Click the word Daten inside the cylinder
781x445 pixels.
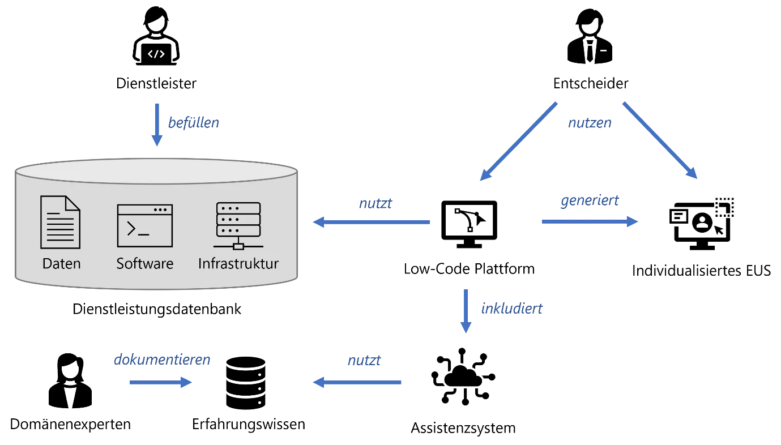click(x=61, y=264)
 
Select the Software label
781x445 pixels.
click(x=145, y=264)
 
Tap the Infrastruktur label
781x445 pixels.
click(x=238, y=264)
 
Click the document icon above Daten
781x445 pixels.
click(x=60, y=222)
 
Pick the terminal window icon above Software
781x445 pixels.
click(x=145, y=225)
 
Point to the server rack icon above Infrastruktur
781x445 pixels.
click(x=238, y=225)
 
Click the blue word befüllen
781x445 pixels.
click(x=194, y=123)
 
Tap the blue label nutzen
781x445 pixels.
click(x=590, y=123)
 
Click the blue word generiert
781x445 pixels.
click(x=589, y=201)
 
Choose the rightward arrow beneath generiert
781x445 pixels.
click(x=589, y=222)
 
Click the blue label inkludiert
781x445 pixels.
click(x=512, y=309)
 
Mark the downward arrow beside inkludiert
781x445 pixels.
click(x=466, y=310)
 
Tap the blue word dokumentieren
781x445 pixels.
click(x=162, y=360)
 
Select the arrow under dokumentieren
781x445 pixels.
click(x=160, y=383)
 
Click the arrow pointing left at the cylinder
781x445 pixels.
click(x=372, y=222)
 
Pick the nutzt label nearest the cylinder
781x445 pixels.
click(x=375, y=202)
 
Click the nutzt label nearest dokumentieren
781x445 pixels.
click(x=364, y=360)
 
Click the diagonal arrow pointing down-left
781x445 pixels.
click(x=518, y=141)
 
